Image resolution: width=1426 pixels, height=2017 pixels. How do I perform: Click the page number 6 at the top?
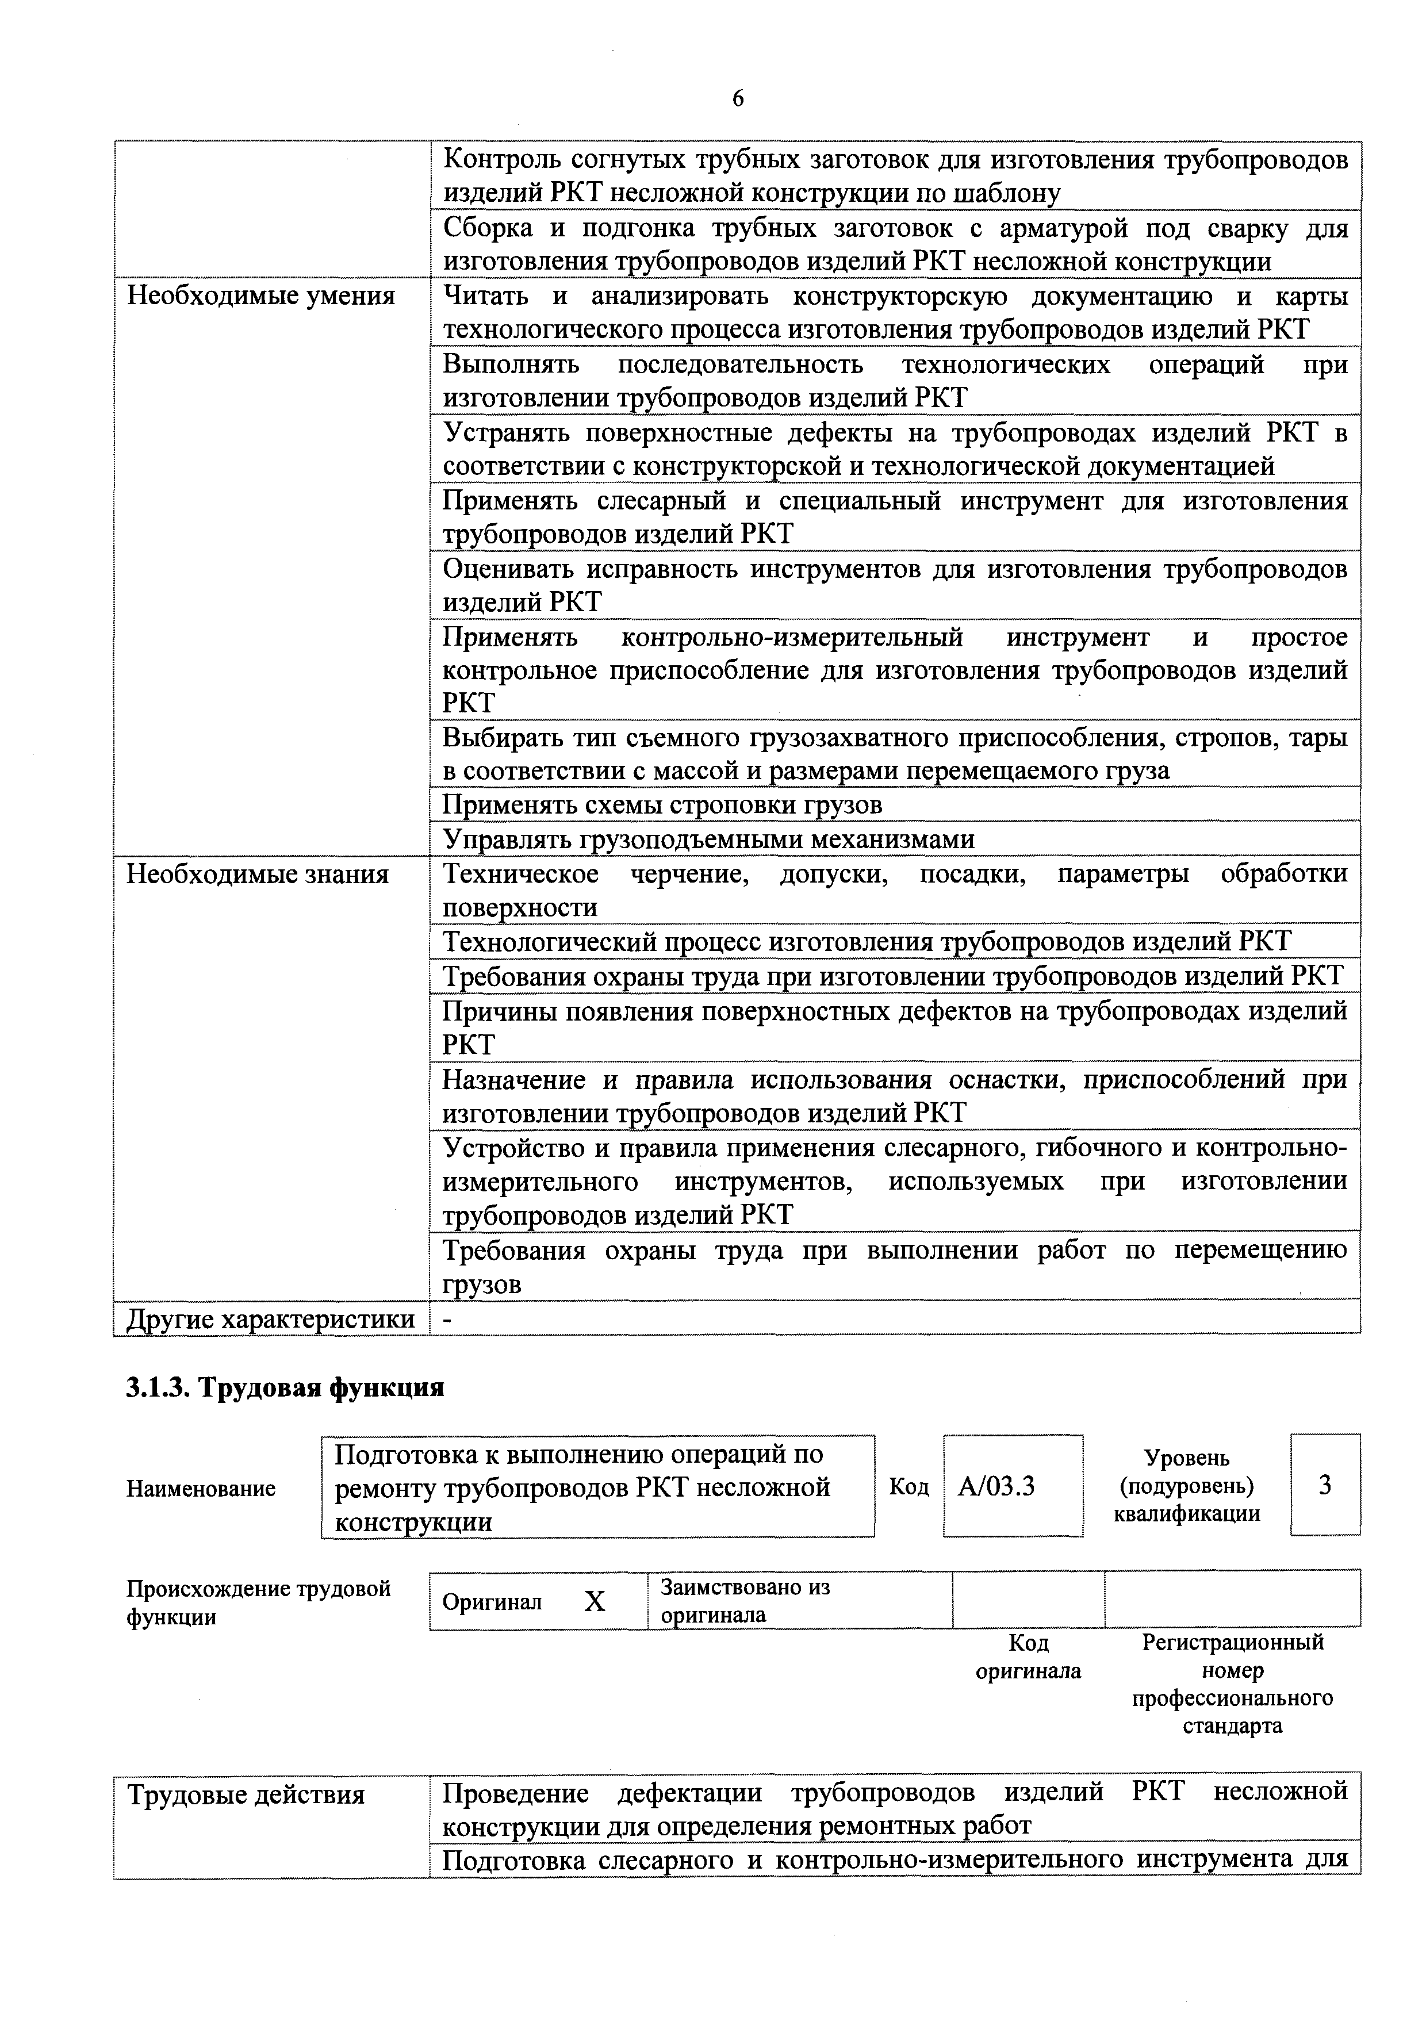737,98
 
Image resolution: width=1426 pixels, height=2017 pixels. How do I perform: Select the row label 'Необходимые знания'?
258,874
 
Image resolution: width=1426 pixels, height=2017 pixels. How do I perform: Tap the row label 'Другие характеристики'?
271,1318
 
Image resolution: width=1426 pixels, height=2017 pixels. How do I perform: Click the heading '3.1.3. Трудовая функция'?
286,1387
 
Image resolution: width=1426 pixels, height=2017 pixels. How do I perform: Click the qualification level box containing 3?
1325,1485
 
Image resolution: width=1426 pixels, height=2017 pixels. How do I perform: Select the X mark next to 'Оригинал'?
595,1602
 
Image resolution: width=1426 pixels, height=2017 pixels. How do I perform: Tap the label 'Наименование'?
201,1488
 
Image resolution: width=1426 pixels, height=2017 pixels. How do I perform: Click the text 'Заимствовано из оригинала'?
745,1601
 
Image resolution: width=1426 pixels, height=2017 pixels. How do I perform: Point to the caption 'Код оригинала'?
1028,1657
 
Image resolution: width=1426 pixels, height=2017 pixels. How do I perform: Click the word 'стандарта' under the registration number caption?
1232,1726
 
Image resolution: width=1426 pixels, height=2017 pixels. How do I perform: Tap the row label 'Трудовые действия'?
246,1794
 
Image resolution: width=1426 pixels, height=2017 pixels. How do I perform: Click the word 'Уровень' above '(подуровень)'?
1186,1458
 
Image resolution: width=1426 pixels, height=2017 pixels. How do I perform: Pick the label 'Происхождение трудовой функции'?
258,1602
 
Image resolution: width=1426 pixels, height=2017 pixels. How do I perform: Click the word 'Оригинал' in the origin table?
492,1602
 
